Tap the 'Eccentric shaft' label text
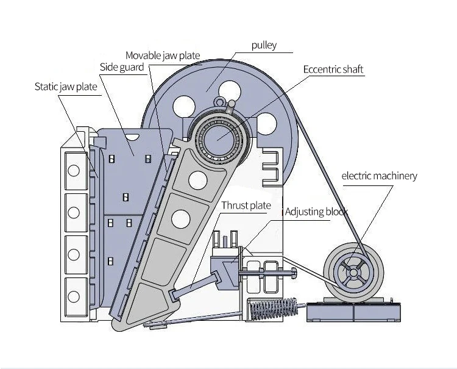tap(333, 69)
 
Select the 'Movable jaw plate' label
tap(163, 56)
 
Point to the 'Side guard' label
tap(122, 66)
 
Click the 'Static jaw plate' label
tap(66, 87)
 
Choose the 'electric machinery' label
tap(379, 176)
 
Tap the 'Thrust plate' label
tap(246, 205)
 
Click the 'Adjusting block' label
tap(316, 212)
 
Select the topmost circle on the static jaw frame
tap(74, 171)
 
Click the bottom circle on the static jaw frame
tap(74, 296)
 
